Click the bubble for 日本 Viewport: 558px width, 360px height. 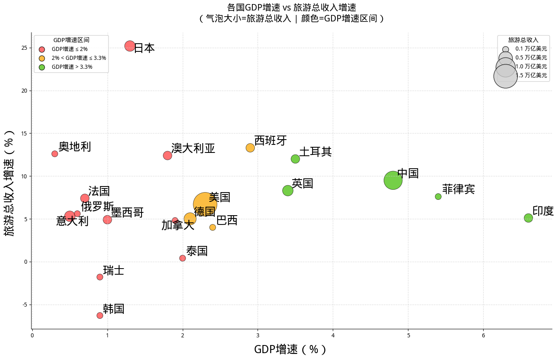[x=130, y=46]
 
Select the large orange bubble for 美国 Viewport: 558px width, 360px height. [x=205, y=204]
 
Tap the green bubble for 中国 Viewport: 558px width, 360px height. [x=393, y=180]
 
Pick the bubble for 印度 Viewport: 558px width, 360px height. [x=528, y=218]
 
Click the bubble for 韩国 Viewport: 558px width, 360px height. [x=100, y=316]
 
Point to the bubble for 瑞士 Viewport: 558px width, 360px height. [x=100, y=277]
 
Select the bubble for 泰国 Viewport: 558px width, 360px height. [x=182, y=258]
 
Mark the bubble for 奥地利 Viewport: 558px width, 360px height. [x=55, y=154]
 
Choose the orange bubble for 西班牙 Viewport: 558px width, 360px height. [x=250, y=148]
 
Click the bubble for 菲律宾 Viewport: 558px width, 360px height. [x=438, y=197]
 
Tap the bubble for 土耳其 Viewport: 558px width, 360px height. [x=295, y=159]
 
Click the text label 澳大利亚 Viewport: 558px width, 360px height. [x=193, y=148]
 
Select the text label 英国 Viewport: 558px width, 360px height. [x=302, y=184]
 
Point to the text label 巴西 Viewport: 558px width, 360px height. [x=227, y=220]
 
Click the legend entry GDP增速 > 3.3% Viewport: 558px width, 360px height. [x=72, y=67]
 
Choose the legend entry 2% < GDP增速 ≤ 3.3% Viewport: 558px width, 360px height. [x=78, y=58]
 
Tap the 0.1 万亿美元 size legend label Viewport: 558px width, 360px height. [x=531, y=49]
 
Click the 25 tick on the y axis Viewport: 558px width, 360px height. [x=25, y=48]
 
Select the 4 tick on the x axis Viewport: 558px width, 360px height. [x=333, y=335]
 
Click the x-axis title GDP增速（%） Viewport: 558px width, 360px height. [x=290, y=349]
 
